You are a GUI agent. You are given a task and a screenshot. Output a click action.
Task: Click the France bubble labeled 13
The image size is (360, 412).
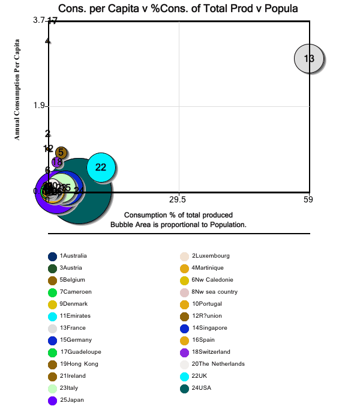pyautogui.click(x=309, y=58)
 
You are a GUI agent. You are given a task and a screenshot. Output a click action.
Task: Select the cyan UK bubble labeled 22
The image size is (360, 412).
pyautogui.click(x=101, y=167)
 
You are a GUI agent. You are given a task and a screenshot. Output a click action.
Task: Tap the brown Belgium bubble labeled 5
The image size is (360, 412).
pyautogui.click(x=61, y=153)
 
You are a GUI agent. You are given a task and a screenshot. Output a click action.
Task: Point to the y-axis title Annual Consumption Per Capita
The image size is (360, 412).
pyautogui.click(x=17, y=89)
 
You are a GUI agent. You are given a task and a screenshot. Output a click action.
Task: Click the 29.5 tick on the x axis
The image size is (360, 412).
pyautogui.click(x=178, y=199)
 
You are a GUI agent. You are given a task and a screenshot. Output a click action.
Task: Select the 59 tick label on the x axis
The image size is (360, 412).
pyautogui.click(x=308, y=199)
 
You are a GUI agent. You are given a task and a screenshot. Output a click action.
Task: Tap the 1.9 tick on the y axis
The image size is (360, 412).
pyautogui.click(x=40, y=106)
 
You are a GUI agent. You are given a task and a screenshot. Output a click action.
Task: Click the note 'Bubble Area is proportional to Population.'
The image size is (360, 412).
pyautogui.click(x=178, y=224)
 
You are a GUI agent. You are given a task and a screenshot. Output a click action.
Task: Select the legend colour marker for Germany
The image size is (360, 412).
pyautogui.click(x=53, y=340)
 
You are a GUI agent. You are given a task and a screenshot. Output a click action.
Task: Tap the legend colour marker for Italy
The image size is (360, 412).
pyautogui.click(x=53, y=388)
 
